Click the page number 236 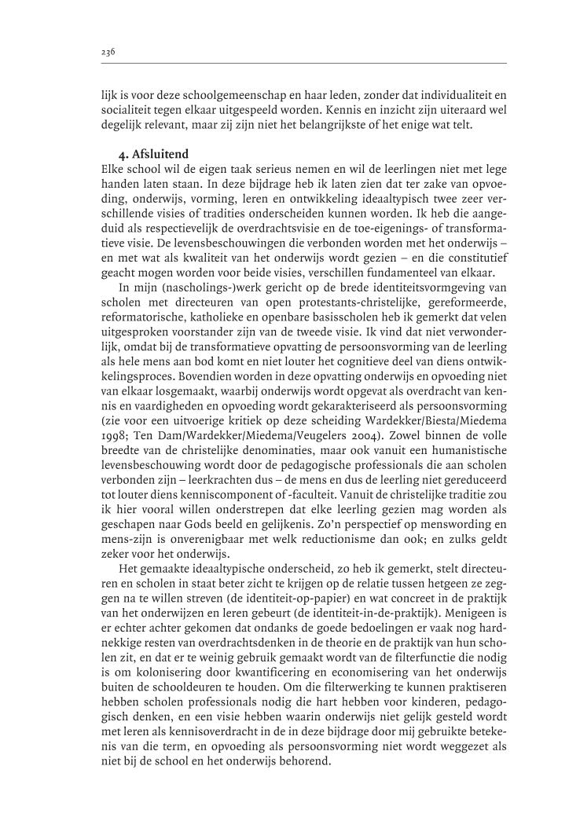coord(108,52)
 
